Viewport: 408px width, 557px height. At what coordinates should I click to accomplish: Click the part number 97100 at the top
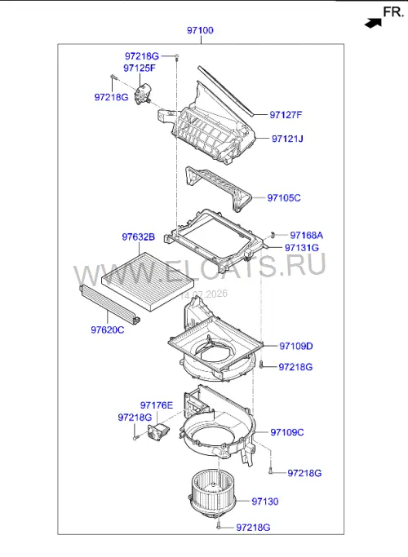click(200, 30)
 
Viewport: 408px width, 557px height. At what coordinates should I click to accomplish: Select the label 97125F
click(140, 68)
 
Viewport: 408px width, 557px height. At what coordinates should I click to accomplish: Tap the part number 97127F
click(286, 115)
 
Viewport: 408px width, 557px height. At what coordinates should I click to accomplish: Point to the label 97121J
click(287, 139)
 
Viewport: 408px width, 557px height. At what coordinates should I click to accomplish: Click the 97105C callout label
click(284, 198)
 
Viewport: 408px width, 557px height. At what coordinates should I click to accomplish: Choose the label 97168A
click(306, 235)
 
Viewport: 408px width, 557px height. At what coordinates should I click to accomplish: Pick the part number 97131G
click(302, 248)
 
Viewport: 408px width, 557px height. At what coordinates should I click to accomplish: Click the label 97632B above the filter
click(138, 237)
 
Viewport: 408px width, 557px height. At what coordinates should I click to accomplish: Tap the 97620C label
click(108, 330)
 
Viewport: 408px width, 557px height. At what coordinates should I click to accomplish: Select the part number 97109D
click(296, 346)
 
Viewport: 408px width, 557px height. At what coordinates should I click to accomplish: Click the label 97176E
click(157, 405)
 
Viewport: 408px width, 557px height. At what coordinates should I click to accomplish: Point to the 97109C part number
click(287, 432)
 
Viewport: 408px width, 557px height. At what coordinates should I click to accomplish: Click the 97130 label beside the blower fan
click(265, 502)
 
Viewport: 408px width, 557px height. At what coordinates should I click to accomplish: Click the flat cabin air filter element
click(149, 281)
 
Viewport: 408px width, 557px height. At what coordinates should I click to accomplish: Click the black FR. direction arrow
click(373, 24)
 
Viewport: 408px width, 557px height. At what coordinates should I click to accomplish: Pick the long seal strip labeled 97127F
click(226, 91)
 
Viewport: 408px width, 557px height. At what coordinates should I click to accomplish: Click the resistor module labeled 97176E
click(158, 432)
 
